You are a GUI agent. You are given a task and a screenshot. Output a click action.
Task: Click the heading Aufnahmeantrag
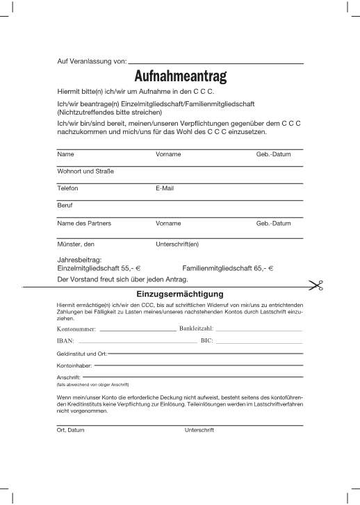180,75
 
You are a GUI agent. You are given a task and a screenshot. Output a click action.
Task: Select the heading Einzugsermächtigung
180,295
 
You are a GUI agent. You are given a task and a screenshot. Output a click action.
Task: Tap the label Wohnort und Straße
85,171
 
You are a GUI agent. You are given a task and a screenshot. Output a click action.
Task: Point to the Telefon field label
67,188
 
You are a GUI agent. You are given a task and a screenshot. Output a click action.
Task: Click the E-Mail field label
165,188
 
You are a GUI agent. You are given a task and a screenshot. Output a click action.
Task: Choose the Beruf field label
65,206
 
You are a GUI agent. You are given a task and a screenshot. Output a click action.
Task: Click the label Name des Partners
83,224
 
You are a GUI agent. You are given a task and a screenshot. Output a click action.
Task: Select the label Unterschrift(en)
178,244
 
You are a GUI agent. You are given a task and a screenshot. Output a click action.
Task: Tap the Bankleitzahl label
196,328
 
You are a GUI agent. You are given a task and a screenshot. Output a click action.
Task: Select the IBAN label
65,341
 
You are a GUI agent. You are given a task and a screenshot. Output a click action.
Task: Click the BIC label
206,341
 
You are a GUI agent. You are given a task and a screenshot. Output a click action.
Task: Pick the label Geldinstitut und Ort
81,354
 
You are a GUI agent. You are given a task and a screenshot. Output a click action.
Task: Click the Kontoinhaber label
74,365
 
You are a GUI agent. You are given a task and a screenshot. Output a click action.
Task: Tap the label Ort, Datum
70,430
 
